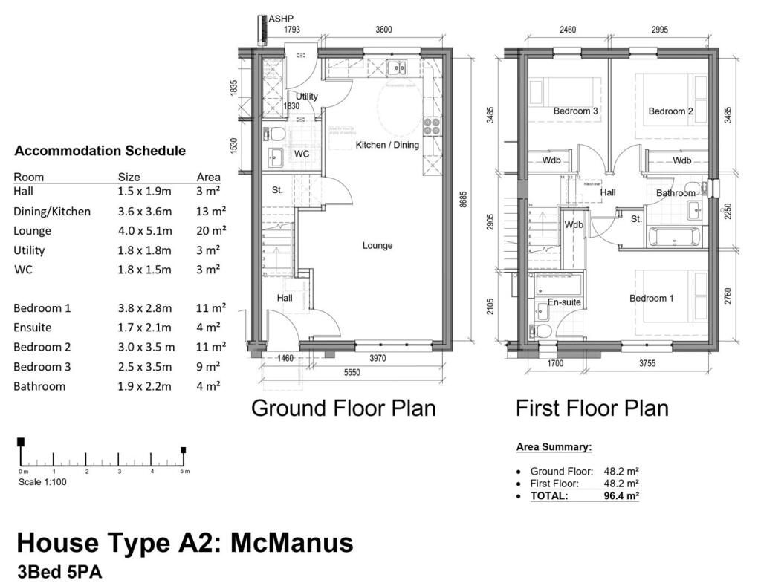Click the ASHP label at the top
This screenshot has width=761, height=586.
(x=281, y=19)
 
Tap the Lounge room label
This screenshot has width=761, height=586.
(x=378, y=246)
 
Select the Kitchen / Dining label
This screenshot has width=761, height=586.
(x=387, y=145)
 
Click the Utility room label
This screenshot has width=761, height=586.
(x=307, y=97)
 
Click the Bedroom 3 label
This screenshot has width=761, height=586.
(x=576, y=111)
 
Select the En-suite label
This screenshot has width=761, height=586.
(x=564, y=302)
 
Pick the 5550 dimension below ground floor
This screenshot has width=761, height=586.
(x=352, y=373)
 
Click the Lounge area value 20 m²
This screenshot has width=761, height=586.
(x=211, y=231)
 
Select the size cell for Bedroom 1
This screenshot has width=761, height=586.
(x=144, y=308)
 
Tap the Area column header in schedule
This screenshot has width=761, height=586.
(x=209, y=177)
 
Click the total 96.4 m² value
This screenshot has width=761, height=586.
(x=621, y=495)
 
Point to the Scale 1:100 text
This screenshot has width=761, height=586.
(x=43, y=482)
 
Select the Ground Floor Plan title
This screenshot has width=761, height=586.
(x=343, y=408)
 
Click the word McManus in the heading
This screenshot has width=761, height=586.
(x=291, y=543)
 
